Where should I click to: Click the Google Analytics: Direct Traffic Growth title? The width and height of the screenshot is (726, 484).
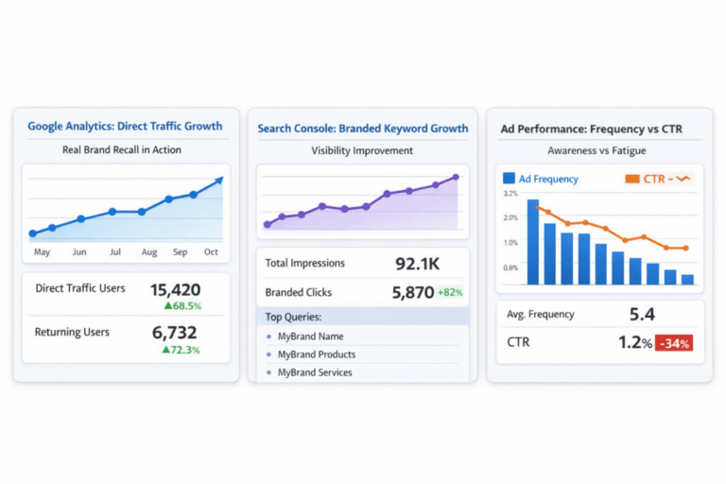[125, 126]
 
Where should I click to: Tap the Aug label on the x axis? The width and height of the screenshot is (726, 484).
[149, 252]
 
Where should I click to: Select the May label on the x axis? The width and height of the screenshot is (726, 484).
[42, 252]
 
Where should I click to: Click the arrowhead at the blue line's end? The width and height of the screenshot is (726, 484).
[219, 180]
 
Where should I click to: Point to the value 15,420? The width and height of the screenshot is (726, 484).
[175, 289]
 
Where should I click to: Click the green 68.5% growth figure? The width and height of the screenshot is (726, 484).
[182, 306]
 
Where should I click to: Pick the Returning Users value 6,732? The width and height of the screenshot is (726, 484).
[175, 333]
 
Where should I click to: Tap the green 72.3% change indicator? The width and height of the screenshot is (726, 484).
[182, 350]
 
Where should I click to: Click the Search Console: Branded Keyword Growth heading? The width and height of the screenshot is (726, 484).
[363, 129]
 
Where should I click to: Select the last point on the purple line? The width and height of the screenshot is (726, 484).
[456, 177]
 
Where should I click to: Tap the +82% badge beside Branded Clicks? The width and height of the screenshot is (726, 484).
[450, 293]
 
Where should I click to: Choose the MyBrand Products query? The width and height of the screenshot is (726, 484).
[317, 354]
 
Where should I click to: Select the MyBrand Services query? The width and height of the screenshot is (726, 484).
[315, 372]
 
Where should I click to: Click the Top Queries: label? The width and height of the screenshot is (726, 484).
[293, 318]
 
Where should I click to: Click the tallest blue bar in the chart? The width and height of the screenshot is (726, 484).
[532, 242]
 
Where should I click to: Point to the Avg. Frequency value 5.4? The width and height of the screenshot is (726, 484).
[642, 314]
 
